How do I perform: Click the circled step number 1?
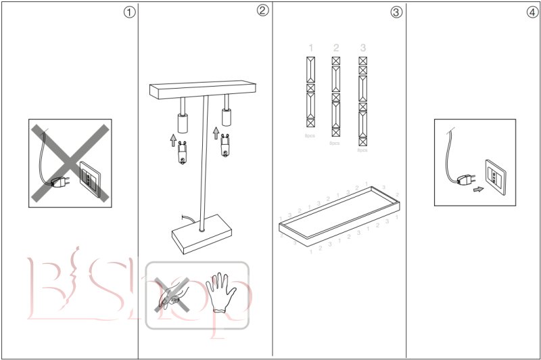click(128, 12)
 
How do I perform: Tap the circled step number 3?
click(396, 12)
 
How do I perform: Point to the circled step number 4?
click(532, 12)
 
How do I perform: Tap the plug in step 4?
click(464, 180)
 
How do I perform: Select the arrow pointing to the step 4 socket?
click(479, 190)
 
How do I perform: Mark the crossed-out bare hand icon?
click(170, 294)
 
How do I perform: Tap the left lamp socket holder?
click(181, 122)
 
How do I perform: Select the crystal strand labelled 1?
click(310, 92)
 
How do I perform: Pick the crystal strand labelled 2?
click(335, 97)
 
